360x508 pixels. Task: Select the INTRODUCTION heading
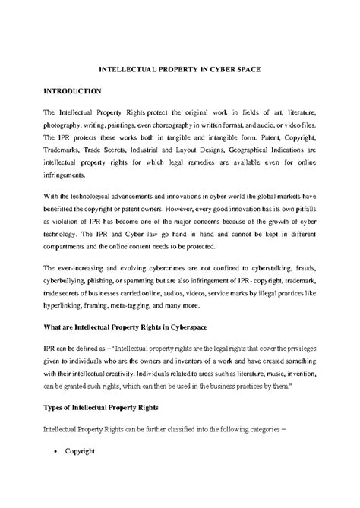(x=72, y=90)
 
